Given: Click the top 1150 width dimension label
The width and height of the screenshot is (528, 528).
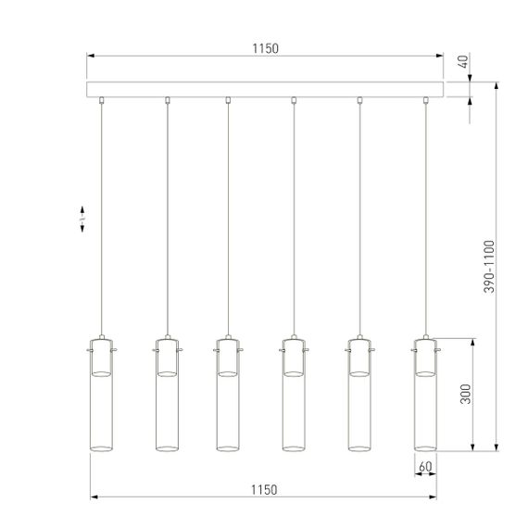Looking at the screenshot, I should [x=264, y=48].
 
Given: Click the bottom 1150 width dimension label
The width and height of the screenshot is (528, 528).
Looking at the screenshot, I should [x=264, y=488].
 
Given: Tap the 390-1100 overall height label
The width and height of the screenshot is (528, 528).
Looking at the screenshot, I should [x=489, y=267].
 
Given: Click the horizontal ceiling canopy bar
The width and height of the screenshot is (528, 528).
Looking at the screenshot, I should [x=266, y=90].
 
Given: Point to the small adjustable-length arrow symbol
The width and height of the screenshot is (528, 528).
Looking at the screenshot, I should [x=83, y=219].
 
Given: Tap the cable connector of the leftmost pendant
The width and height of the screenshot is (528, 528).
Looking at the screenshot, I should [x=101, y=100].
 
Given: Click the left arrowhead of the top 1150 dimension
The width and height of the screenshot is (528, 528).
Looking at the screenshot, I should [x=91, y=56].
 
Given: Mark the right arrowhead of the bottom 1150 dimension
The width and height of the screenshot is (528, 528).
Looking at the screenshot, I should [x=438, y=497].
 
